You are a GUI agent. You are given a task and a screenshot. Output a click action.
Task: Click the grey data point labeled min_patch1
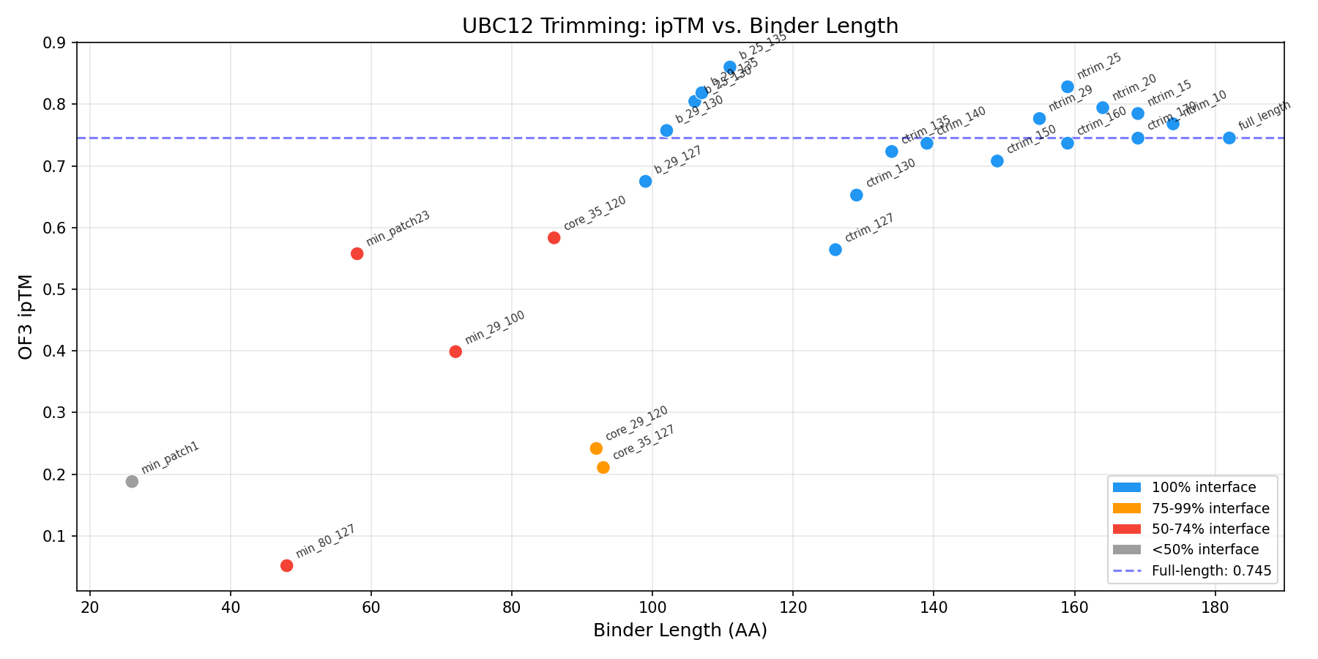pos(132,481)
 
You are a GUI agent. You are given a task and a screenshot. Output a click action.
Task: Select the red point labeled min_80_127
pos(287,565)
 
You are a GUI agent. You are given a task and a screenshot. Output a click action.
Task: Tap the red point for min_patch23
pos(357,253)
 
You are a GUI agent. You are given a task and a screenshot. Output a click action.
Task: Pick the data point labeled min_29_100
pos(455,351)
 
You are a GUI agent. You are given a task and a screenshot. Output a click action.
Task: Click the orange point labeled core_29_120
pos(596,448)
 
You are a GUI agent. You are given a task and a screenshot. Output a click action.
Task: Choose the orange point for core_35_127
pos(603,467)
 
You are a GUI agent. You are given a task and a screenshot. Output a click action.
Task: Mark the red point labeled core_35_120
pos(554,238)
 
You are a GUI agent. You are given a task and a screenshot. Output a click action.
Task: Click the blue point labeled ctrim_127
pos(835,250)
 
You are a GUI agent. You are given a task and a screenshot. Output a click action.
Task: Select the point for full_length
pos(1229,138)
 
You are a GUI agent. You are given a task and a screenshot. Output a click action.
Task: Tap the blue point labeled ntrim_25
pos(1068,87)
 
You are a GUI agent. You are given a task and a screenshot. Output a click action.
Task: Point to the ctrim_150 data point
pos(997,161)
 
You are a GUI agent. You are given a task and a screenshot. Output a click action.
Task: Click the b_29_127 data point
pos(646,182)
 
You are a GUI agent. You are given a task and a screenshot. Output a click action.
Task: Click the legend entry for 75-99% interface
pos(1210,508)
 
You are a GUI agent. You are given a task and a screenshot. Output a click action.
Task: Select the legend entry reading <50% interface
pos(1205,549)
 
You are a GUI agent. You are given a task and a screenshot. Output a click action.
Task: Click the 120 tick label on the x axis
pos(793,607)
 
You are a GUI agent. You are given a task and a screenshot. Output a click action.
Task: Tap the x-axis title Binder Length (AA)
pos(680,630)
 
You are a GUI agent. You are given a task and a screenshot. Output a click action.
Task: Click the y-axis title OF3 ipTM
pos(26,316)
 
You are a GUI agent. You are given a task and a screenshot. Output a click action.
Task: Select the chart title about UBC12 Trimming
pos(680,26)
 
